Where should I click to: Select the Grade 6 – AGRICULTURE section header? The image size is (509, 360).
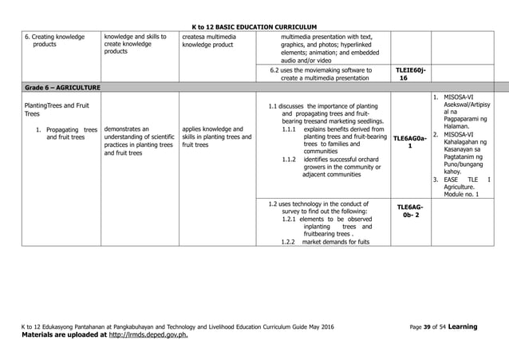pyautogui.click(x=49, y=85)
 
